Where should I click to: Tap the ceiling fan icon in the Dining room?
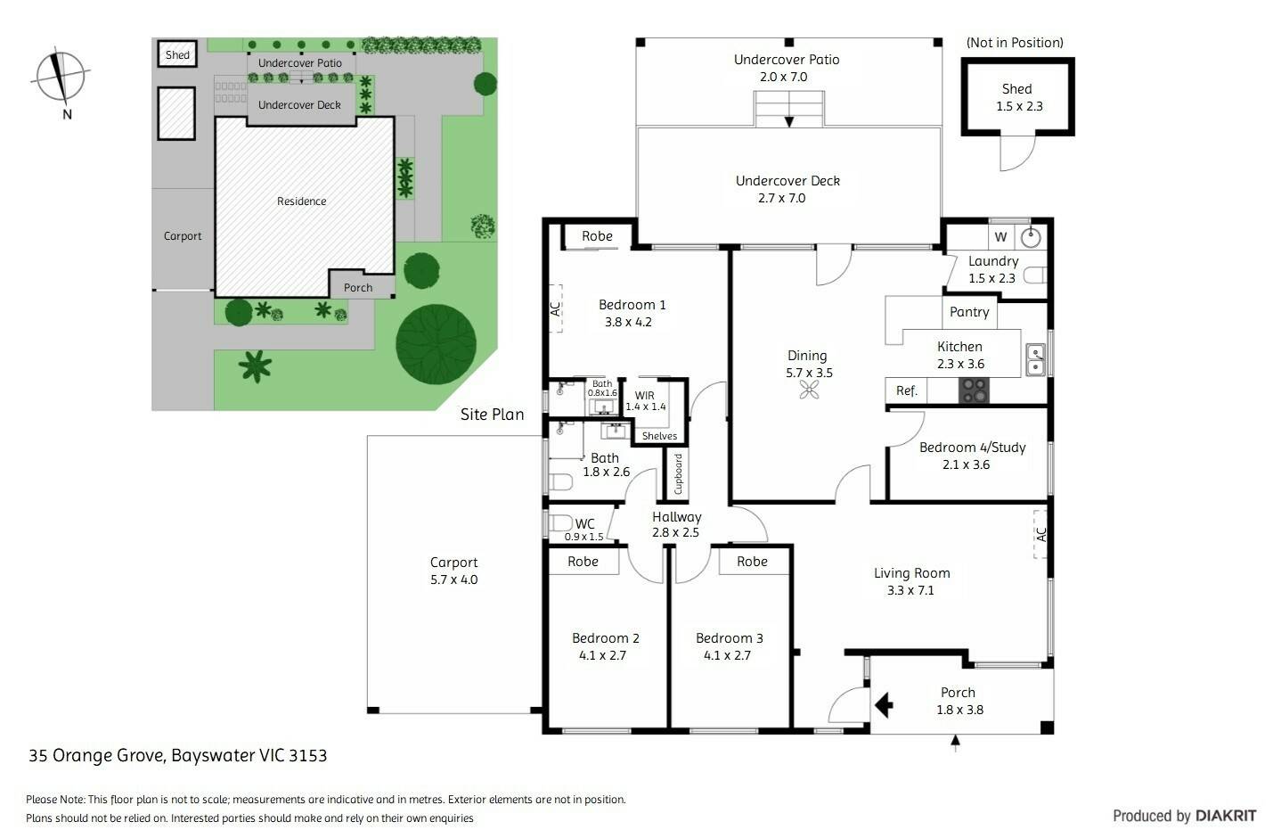coord(809,390)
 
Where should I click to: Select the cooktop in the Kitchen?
coord(974,390)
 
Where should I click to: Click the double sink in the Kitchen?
coord(1035,359)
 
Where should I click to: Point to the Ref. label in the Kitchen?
coord(907,390)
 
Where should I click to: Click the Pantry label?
coord(969,312)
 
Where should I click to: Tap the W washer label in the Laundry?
coord(1000,237)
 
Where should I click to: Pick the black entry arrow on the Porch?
coord(884,705)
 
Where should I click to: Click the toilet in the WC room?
coord(559,522)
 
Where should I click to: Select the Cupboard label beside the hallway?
coord(678,473)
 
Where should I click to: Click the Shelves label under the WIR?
coord(659,436)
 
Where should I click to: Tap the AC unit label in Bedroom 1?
coord(555,308)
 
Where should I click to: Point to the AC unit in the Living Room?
coord(1040,535)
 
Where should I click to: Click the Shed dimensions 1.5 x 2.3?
coord(1019,106)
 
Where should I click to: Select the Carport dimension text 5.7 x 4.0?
coord(454,579)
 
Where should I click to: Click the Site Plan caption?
coord(493,415)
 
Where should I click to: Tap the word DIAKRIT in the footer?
coord(1226,816)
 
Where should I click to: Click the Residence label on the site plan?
coord(301,201)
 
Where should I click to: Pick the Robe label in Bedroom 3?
coord(752,562)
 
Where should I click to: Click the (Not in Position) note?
coord(1015,43)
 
